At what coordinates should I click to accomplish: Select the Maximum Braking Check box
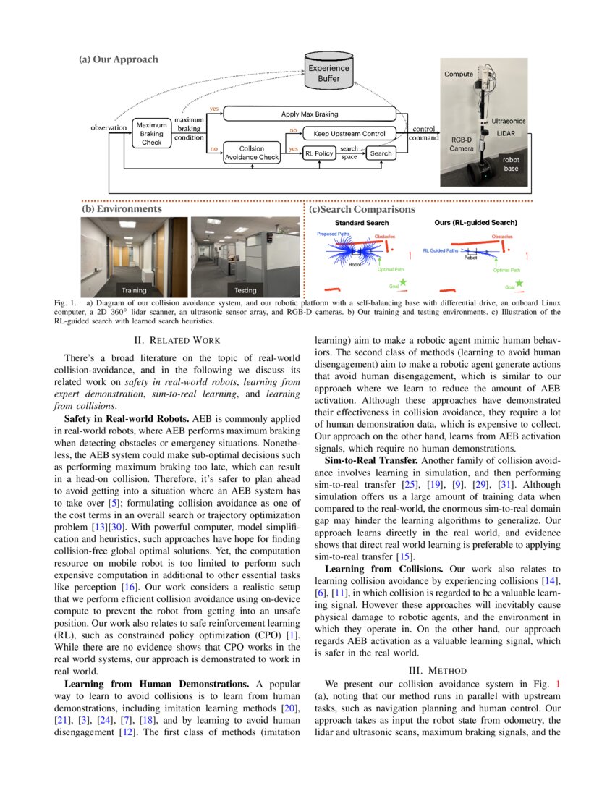coord(152,133)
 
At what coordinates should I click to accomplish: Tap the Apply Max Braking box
coord(309,114)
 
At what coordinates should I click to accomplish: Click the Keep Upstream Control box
coord(349,133)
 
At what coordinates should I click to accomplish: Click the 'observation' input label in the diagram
coord(109,128)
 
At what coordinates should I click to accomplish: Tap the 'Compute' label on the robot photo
coord(459,74)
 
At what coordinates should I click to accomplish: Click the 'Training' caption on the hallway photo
coord(134,290)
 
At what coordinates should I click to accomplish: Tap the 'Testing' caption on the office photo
coord(245,290)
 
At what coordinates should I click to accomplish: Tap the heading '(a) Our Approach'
coord(118,59)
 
